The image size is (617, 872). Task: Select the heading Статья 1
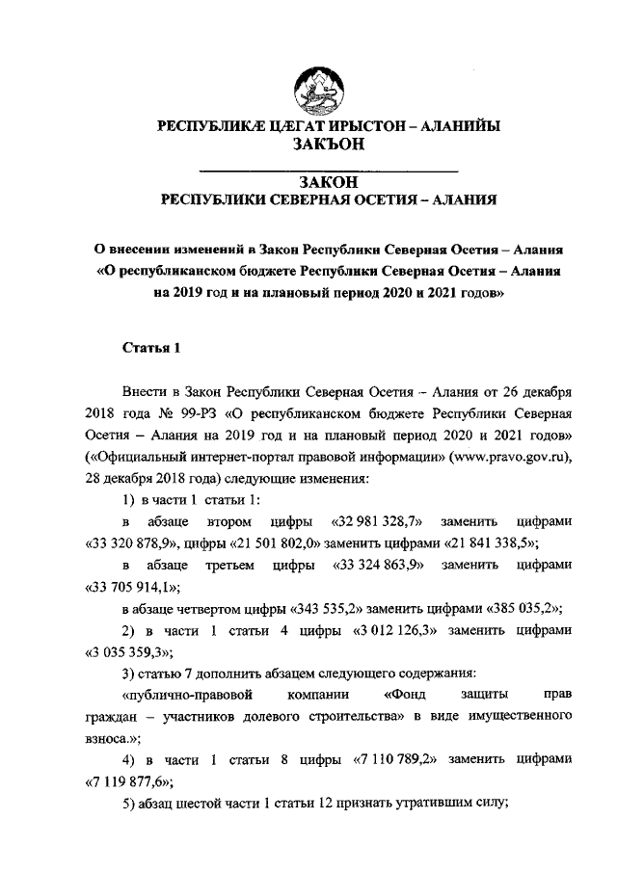coord(151,348)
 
